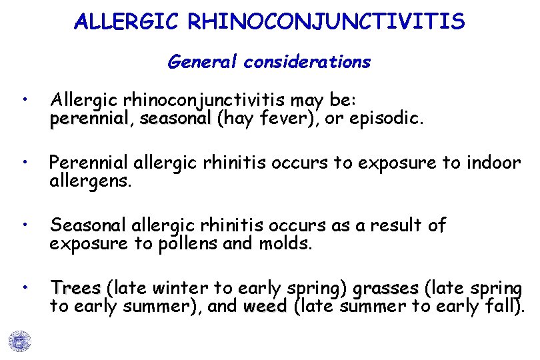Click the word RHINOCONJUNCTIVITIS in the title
[327, 22]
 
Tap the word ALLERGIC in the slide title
[127, 22]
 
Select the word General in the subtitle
[203, 63]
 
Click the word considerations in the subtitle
[307, 63]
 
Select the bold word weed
[265, 307]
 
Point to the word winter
[180, 289]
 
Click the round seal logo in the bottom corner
[20, 341]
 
